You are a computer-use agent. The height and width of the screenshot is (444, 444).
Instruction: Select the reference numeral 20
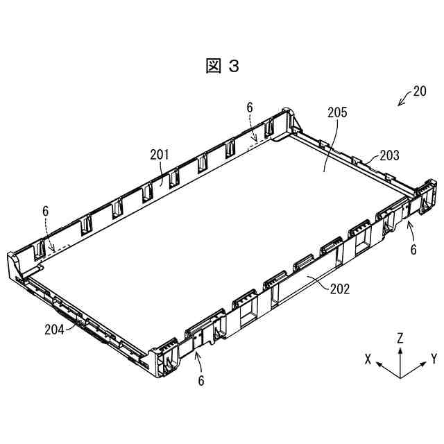[419, 91]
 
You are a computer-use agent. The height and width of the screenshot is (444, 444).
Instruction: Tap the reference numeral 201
[160, 155]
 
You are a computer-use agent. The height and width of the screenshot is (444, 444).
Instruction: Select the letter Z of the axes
[400, 338]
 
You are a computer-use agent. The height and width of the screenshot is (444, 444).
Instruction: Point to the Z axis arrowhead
[400, 349]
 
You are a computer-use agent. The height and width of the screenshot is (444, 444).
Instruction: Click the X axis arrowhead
[381, 365]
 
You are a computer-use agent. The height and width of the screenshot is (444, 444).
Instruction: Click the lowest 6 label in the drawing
[201, 380]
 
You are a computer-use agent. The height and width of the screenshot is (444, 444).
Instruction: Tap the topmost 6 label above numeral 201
[250, 107]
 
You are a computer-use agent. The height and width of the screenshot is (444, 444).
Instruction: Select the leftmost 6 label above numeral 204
[45, 211]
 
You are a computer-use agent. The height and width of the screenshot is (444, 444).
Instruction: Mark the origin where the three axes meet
[400, 377]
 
